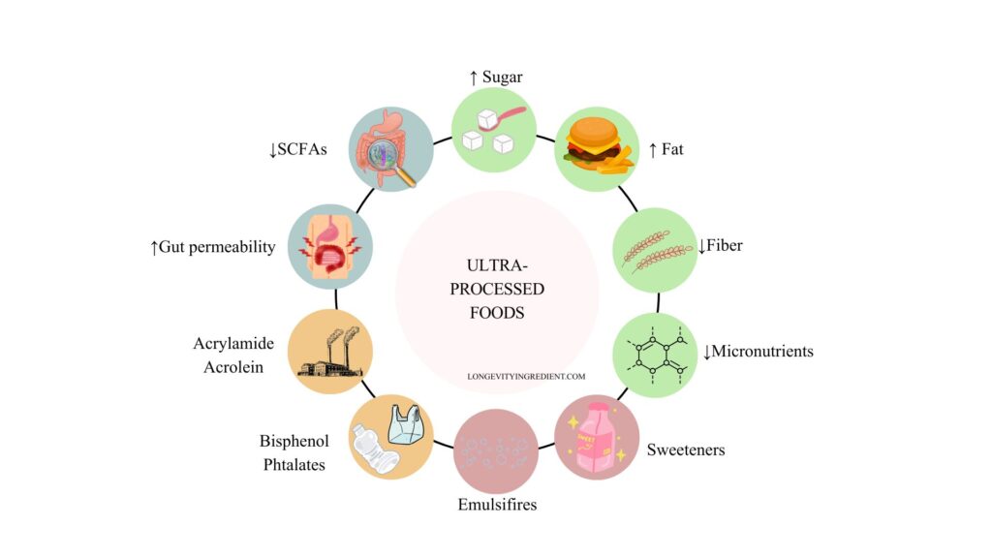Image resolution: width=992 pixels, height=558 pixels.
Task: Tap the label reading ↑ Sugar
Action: (496, 77)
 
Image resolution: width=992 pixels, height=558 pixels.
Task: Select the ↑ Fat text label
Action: (666, 150)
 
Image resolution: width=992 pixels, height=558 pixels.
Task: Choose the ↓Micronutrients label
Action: (758, 351)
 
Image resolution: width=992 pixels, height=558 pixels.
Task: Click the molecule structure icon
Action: (655, 354)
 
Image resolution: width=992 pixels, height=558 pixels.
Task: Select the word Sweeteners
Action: (686, 449)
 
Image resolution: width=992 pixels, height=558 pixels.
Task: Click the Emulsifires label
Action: (496, 505)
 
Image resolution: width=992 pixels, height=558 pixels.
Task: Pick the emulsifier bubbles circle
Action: (495, 452)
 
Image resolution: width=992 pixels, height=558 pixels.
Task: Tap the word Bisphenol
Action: (294, 442)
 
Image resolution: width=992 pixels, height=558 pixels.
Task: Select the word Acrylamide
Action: (233, 344)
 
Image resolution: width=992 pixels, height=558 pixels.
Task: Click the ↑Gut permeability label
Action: (212, 247)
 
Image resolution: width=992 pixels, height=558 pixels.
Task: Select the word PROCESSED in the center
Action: (496, 289)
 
